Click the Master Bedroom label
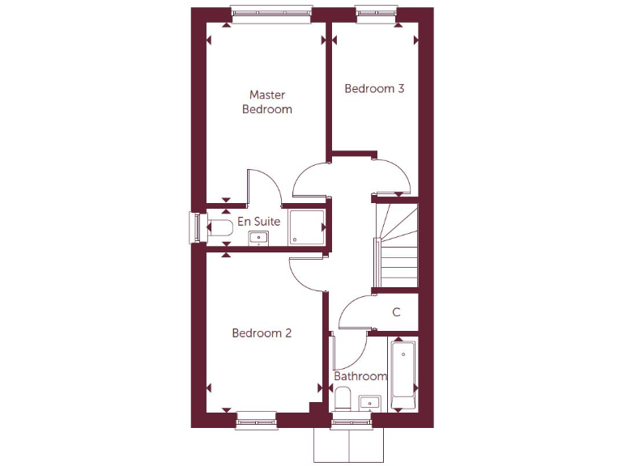click(266, 102)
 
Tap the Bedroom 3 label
click(374, 89)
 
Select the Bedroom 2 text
click(262, 333)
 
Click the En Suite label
click(258, 221)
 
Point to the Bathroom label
click(360, 376)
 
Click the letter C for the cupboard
click(397, 312)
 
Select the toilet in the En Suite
click(219, 230)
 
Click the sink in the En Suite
click(258, 237)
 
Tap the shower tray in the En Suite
click(307, 227)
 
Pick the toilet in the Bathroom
click(343, 399)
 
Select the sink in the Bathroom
click(369, 402)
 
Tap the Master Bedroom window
click(271, 11)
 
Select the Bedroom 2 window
click(256, 419)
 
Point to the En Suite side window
click(194, 227)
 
